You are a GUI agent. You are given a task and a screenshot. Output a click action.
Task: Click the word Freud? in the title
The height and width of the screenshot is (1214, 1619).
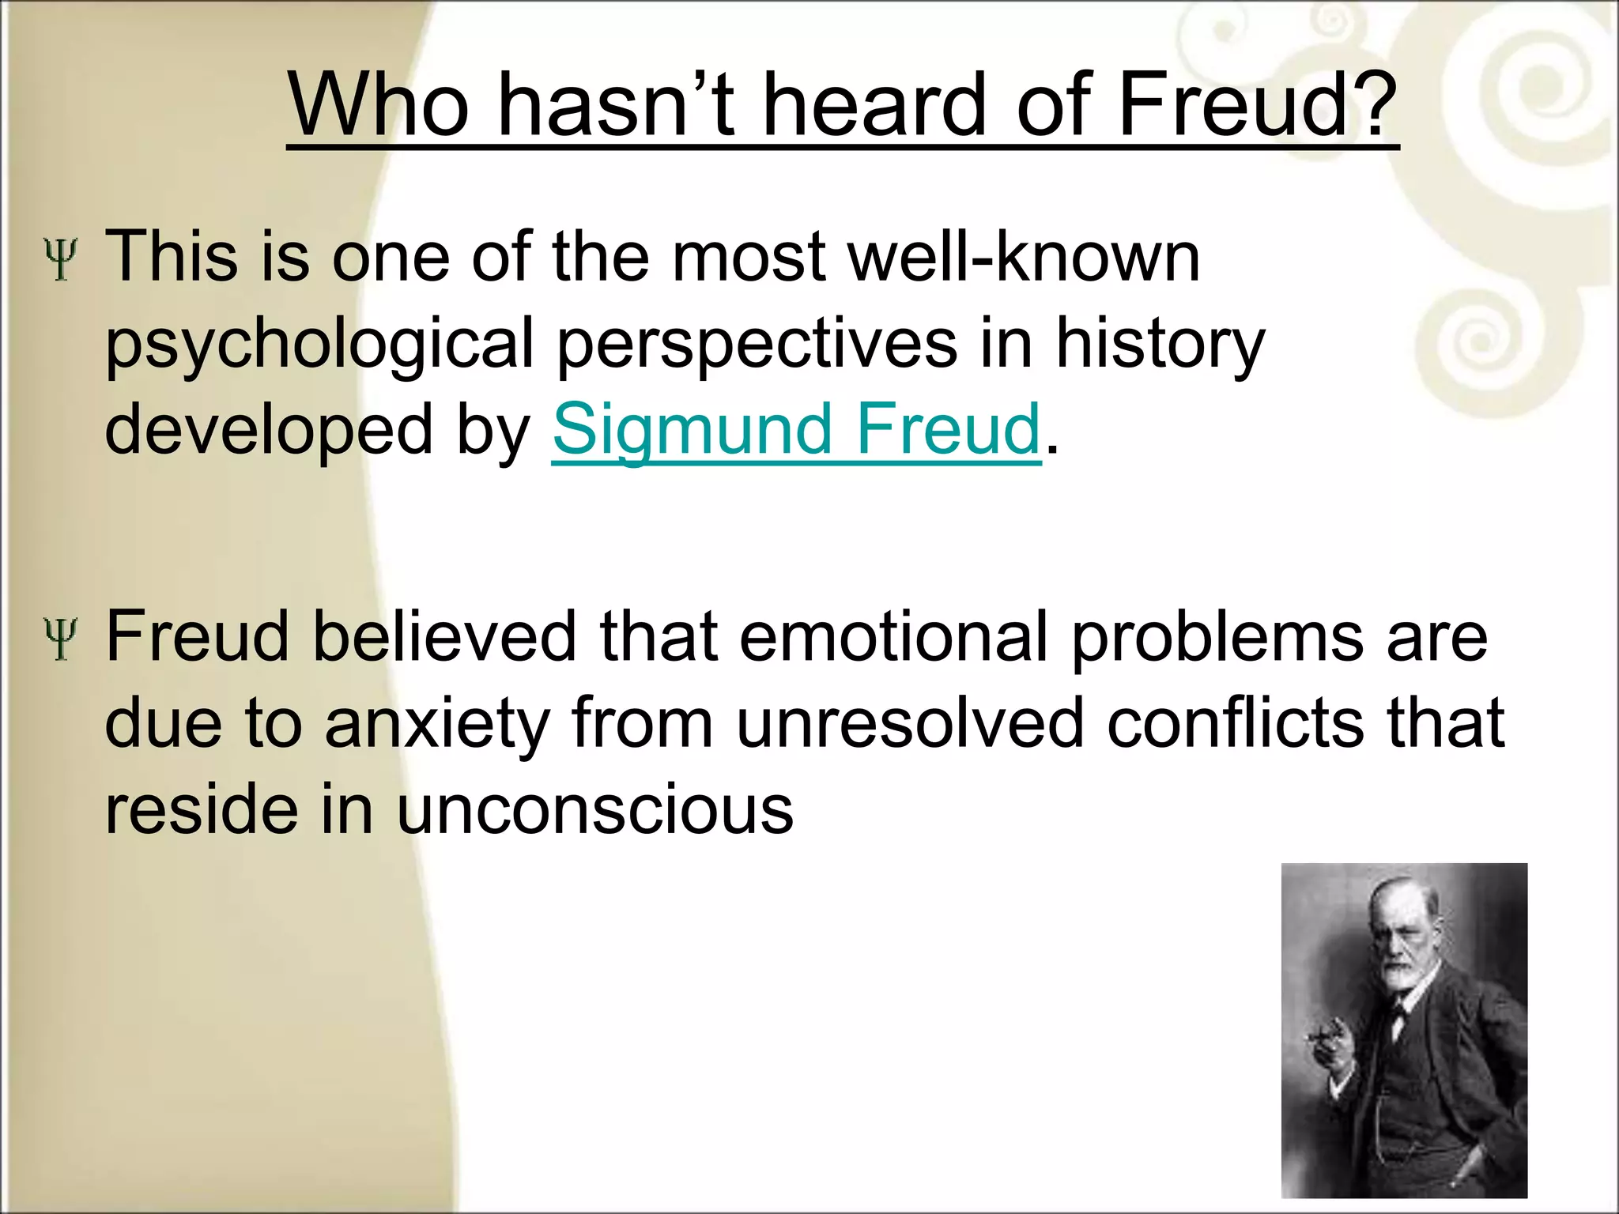(1257, 106)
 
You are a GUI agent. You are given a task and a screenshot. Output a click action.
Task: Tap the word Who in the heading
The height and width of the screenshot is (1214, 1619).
(379, 106)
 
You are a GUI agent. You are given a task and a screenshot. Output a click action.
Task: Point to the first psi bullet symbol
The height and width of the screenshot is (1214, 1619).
(61, 260)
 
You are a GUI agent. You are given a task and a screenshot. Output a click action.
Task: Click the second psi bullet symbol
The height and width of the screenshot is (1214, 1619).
(61, 639)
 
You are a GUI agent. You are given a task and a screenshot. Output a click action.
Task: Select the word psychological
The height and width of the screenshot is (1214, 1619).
(320, 345)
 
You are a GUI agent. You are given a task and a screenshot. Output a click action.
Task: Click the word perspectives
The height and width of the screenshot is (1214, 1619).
(757, 345)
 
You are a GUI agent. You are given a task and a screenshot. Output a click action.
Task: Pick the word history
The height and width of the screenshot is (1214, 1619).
(1160, 345)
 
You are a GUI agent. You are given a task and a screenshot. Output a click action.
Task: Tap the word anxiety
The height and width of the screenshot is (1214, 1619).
(437, 725)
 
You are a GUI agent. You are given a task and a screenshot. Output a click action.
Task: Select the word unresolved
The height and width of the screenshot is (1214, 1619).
(909, 723)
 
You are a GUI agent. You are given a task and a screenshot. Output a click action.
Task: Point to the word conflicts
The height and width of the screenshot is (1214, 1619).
(1236, 723)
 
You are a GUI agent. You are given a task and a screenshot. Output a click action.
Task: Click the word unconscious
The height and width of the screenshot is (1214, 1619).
(594, 810)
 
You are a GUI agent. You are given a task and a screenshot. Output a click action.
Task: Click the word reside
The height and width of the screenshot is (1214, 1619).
(204, 810)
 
